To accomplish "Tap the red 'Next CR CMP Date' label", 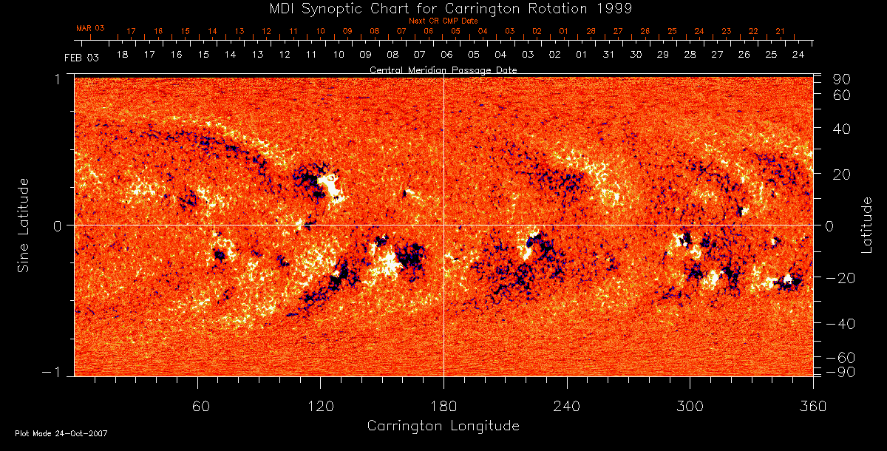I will tap(443, 21).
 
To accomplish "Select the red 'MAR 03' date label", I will tap(90, 28).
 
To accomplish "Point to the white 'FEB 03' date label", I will tap(81, 57).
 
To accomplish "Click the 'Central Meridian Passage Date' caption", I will tap(443, 69).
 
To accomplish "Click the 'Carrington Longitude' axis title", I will tap(443, 426).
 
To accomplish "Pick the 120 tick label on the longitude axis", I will tap(321, 406).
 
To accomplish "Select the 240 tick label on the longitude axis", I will tap(567, 406).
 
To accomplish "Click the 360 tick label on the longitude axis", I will tap(813, 406).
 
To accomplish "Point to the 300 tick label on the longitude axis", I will tap(690, 406).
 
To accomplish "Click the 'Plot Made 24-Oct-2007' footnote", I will tap(61, 433).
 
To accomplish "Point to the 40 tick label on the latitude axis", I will tap(843, 129).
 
